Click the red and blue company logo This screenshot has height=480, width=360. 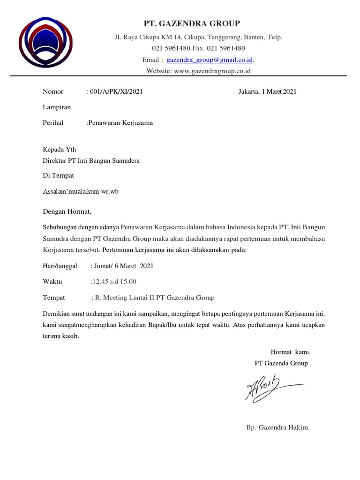(x=45, y=41)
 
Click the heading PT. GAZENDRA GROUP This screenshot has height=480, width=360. (x=191, y=23)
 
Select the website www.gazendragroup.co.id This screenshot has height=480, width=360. (x=212, y=71)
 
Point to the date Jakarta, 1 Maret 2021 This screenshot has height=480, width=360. (x=267, y=91)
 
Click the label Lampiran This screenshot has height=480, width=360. (x=57, y=107)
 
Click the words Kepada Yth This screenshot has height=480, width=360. (x=59, y=150)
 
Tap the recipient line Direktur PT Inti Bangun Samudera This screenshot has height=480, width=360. (x=91, y=160)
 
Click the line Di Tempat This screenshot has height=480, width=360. (x=58, y=175)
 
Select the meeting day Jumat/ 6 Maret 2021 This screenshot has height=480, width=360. (x=123, y=266)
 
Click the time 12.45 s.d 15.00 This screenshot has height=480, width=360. (x=114, y=281)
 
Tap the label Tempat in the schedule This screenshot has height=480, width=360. (x=54, y=297)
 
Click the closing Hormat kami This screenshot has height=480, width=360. (x=291, y=352)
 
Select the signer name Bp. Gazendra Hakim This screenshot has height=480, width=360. (x=278, y=427)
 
